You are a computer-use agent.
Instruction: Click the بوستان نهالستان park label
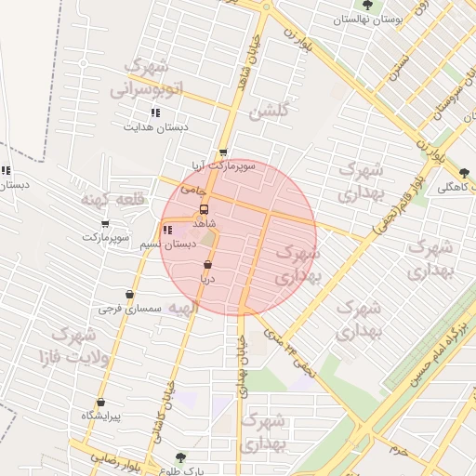point(366,19)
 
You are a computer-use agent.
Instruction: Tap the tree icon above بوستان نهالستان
point(367,5)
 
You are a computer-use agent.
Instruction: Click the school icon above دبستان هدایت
point(155,112)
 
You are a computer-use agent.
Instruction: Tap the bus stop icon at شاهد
point(205,210)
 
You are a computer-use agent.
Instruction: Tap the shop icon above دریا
point(206,265)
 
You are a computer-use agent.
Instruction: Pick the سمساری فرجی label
point(130,308)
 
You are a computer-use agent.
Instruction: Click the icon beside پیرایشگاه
point(99,401)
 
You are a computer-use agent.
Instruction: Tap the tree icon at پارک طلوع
point(180,457)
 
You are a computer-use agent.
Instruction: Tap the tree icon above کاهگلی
point(464,173)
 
